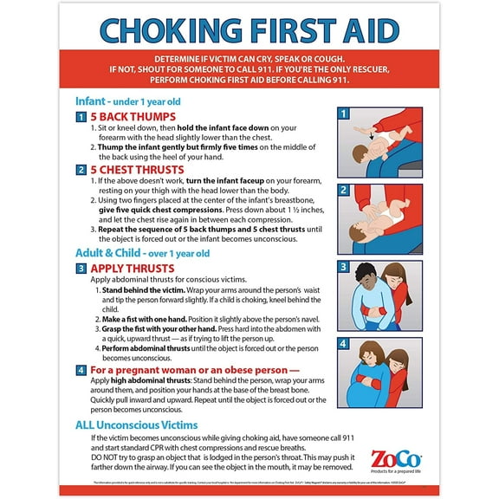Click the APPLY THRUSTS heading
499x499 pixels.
133,269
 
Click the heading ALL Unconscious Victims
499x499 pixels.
136,424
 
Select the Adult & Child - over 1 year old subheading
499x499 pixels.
143,253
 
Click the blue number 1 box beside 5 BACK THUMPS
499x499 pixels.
81,117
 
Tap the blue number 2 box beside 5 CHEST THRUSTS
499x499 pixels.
81,171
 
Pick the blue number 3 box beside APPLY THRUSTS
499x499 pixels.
81,269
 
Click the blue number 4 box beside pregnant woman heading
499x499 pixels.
81,371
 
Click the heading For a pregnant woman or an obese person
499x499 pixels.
188,370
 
